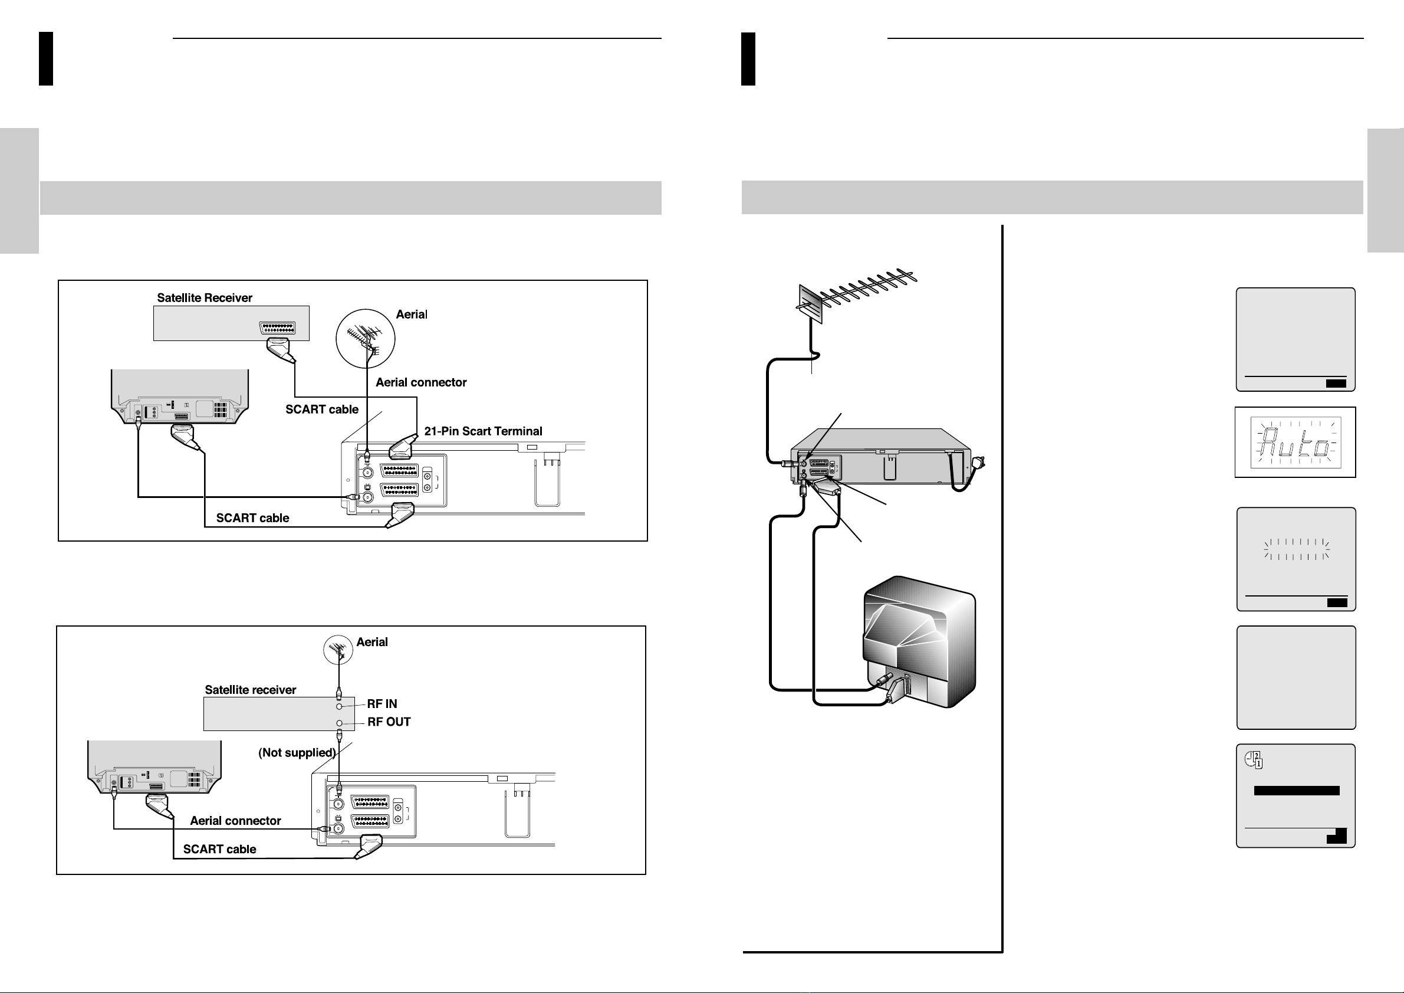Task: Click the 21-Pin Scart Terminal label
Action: coord(483,431)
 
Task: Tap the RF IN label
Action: coord(382,704)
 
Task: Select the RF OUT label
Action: coord(389,722)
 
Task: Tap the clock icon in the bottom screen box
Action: coord(1254,760)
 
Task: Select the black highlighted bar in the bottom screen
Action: coord(1296,791)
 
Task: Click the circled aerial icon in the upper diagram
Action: coord(366,338)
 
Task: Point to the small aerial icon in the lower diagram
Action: coord(338,649)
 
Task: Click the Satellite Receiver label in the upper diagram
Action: coord(205,298)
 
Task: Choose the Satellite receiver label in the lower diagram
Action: coord(251,690)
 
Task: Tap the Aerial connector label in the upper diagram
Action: coord(422,382)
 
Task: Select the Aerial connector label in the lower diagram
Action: coord(235,821)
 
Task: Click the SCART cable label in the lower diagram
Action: coord(219,849)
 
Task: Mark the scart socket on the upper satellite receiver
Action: coord(278,328)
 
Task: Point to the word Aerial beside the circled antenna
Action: coord(412,314)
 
